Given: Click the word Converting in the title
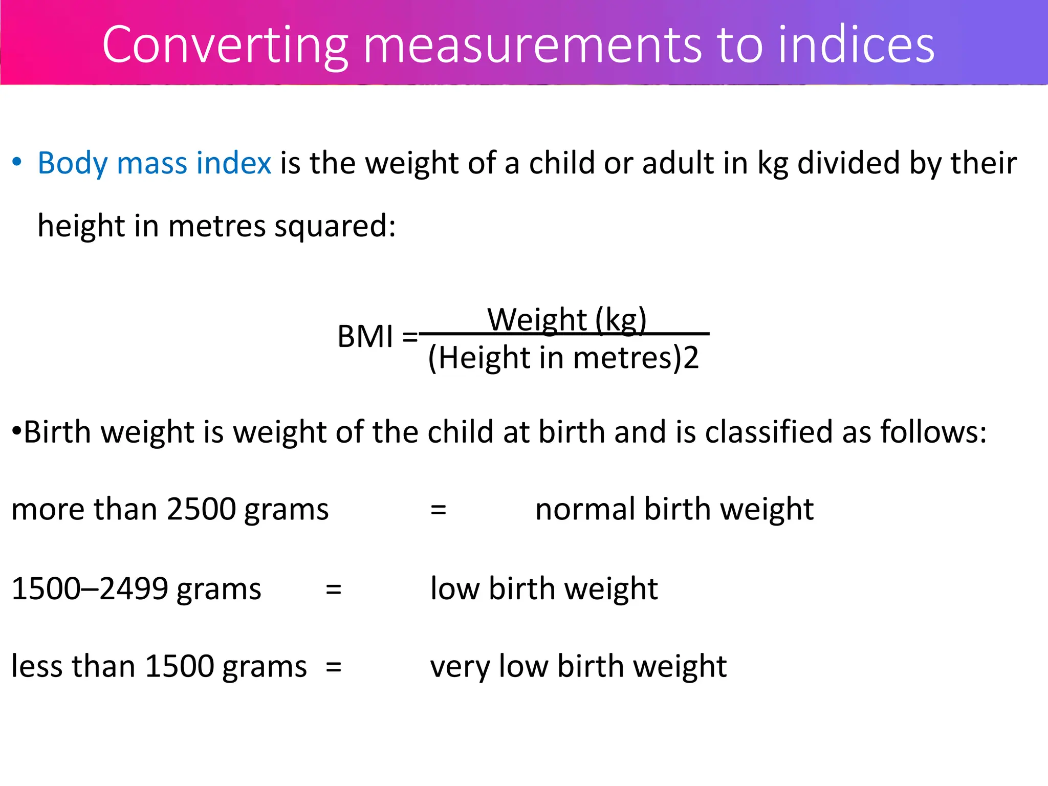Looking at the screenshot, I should click(225, 46).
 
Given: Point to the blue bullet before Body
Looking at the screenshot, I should click(17, 162).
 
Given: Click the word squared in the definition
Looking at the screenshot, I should click(335, 226).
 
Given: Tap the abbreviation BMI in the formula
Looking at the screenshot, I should click(365, 337).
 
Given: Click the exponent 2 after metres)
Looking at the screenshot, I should click(691, 358).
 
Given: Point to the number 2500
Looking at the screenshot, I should click(202, 509).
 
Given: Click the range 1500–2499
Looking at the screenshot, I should click(90, 588).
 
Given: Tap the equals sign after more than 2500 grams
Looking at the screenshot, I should click(438, 510).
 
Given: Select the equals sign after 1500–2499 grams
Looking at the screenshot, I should click(334, 589).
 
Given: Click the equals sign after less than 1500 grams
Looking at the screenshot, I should click(334, 667).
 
